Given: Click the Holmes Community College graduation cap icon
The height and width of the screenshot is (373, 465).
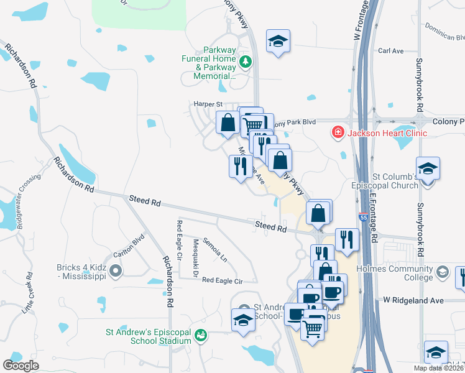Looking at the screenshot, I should tap(442, 272).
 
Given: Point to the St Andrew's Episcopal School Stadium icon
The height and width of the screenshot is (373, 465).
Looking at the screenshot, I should tap(200, 336).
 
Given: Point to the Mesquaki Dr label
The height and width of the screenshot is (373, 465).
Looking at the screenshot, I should tap(195, 252).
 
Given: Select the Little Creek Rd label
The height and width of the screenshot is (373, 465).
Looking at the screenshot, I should tap(27, 292).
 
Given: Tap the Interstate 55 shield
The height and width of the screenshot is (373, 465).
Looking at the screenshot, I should tap(363, 218).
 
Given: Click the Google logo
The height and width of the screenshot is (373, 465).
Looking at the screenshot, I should tap(21, 365).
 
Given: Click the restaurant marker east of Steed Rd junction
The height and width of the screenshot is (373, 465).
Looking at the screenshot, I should tap(347, 240).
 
